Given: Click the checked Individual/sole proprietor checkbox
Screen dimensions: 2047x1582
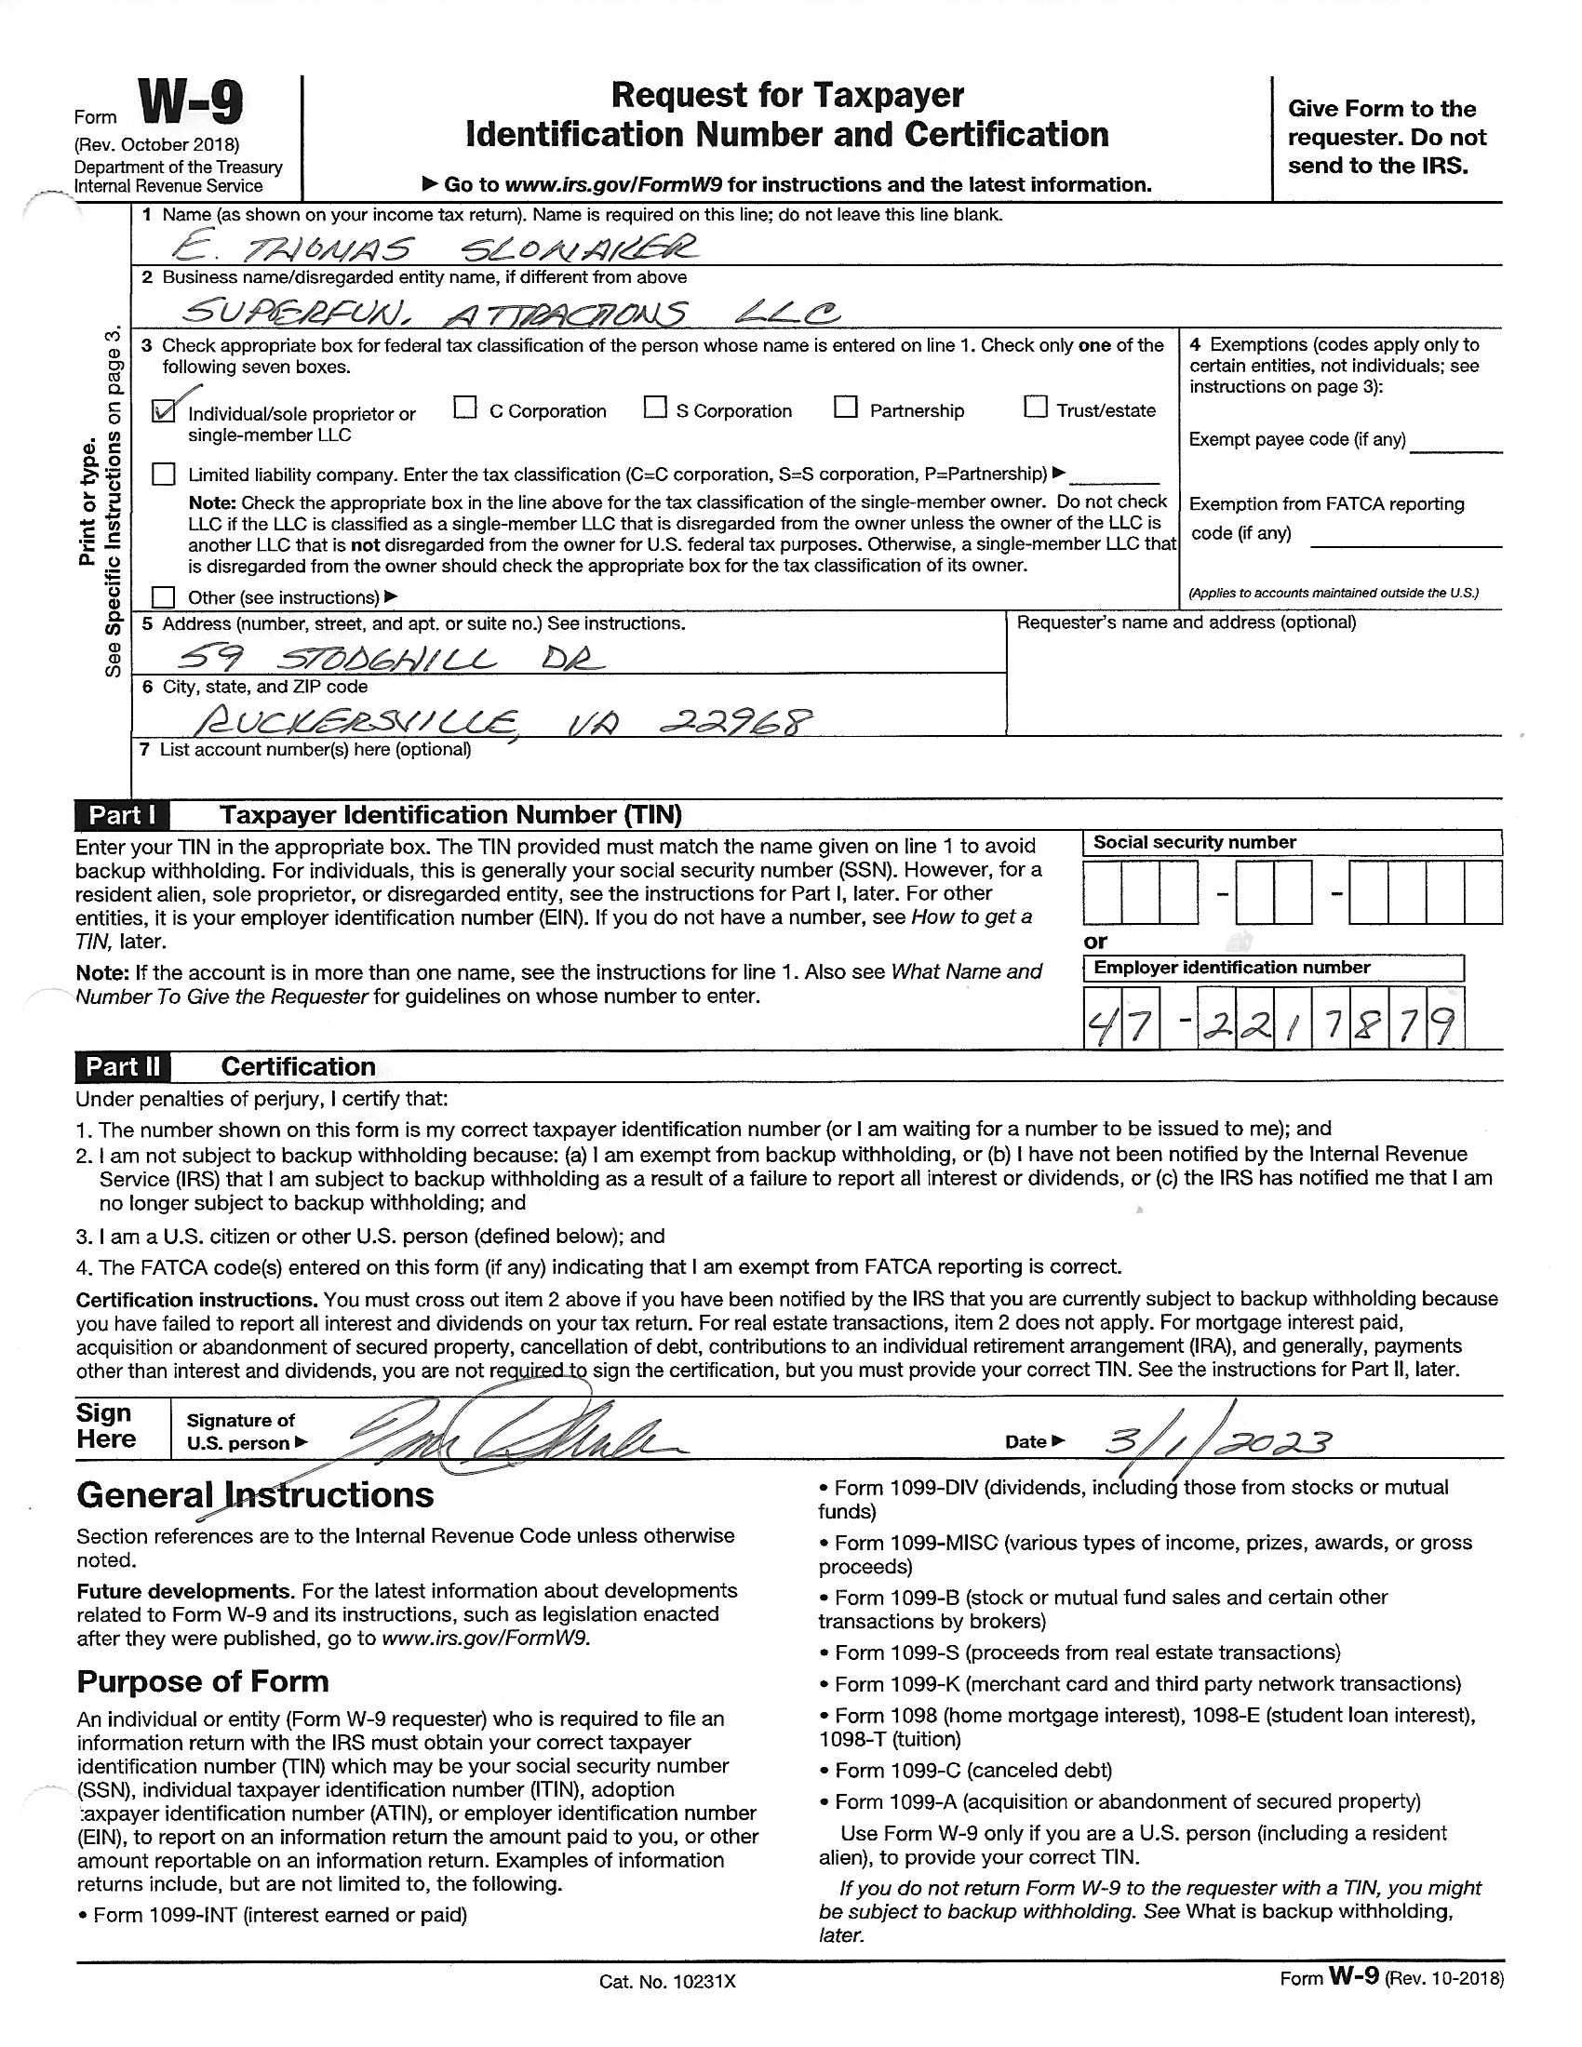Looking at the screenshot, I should (164, 410).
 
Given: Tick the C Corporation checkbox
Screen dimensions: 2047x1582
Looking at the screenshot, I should (465, 408).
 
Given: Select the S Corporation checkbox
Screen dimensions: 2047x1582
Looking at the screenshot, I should (655, 408).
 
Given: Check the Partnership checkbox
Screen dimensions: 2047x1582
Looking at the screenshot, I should (845, 408).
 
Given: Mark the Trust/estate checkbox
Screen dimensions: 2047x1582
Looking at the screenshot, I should (1035, 408).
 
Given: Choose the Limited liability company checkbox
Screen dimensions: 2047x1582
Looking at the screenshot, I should (164, 474).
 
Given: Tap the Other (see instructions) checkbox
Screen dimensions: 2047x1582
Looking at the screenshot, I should (164, 597).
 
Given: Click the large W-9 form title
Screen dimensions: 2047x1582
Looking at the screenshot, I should (191, 104).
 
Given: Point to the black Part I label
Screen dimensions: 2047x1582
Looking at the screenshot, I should (122, 815).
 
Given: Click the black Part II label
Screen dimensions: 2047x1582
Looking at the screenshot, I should (123, 1066).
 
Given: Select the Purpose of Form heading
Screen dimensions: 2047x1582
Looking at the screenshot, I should (203, 1681).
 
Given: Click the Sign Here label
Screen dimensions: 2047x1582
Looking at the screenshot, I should (106, 1426).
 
